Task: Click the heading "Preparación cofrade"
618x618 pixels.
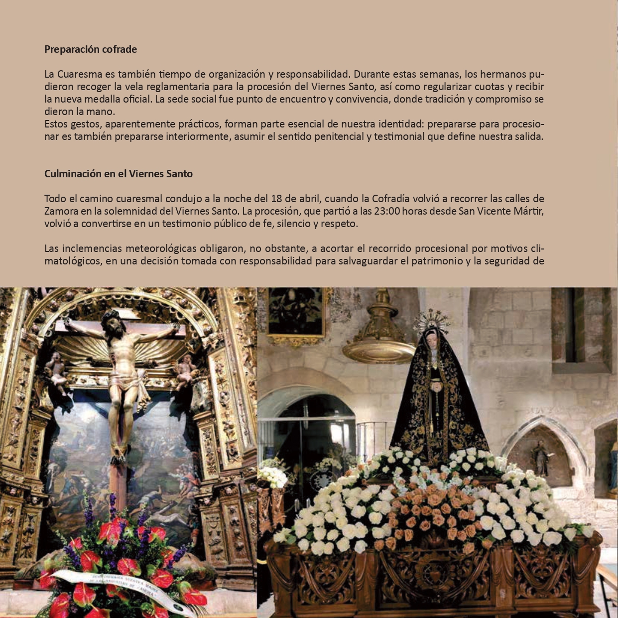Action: click(91, 49)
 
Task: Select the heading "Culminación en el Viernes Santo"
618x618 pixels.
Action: click(118, 174)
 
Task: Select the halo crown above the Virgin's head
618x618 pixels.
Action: click(431, 319)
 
